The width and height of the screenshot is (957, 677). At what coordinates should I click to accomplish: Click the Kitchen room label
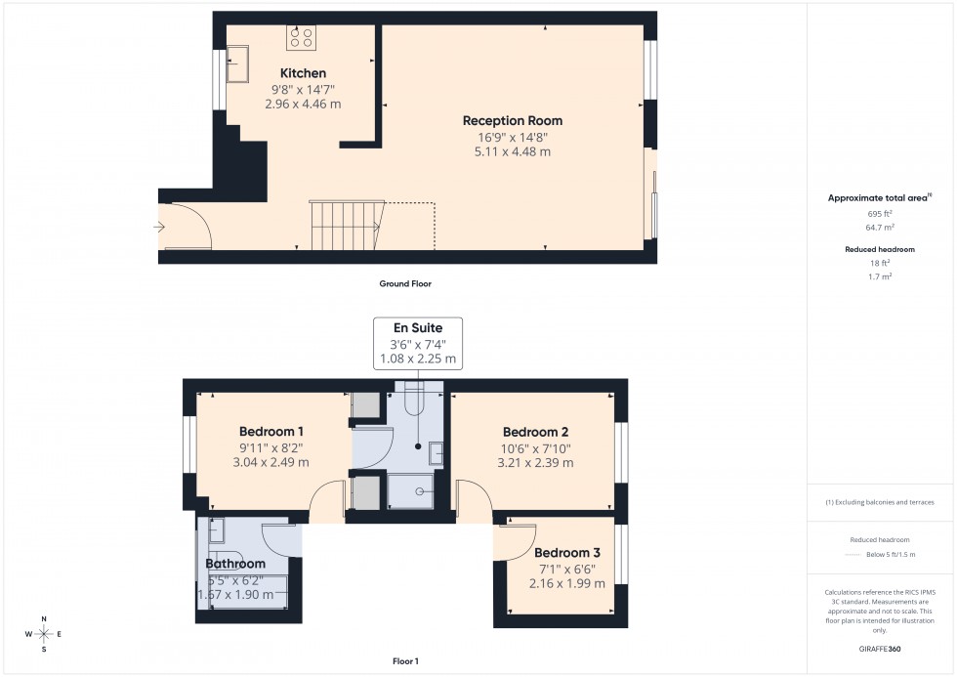tap(303, 73)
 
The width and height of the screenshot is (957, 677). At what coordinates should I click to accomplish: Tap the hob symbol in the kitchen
tap(301, 37)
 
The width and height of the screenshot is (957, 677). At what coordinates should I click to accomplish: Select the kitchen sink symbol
tap(236, 68)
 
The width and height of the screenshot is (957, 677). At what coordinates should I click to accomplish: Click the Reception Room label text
tap(513, 121)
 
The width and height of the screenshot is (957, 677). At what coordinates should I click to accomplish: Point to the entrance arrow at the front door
tap(159, 227)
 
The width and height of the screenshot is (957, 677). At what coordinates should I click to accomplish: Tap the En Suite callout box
tap(418, 343)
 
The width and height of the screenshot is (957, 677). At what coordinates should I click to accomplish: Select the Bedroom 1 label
tap(271, 431)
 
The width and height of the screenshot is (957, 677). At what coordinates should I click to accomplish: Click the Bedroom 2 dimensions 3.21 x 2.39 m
tap(536, 463)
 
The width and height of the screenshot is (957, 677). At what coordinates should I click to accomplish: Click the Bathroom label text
tap(235, 564)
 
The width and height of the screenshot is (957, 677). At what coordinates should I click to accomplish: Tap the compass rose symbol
tap(44, 634)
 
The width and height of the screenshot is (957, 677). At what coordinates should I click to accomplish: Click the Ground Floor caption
tap(405, 284)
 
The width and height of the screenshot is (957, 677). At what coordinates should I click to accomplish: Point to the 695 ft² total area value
tap(881, 213)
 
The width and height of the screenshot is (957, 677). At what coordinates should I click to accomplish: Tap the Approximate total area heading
tap(878, 197)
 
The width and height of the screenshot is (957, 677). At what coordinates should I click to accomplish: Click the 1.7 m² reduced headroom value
tap(881, 276)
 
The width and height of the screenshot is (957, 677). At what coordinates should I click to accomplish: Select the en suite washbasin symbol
tap(436, 452)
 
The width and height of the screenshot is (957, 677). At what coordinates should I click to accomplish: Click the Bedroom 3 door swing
tap(517, 541)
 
